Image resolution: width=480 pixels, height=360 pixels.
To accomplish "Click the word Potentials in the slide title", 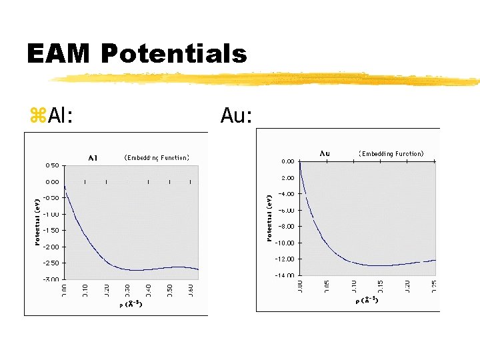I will click(174, 53).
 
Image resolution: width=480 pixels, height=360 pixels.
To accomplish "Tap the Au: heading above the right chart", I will click(236, 117).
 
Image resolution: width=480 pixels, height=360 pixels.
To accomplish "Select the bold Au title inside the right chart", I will click(325, 153).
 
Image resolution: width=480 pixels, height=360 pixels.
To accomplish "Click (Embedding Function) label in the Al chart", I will click(157, 158).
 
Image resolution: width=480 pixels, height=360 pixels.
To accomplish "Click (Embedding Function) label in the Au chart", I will click(391, 154).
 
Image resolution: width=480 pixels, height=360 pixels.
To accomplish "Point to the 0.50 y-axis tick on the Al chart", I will click(51, 165).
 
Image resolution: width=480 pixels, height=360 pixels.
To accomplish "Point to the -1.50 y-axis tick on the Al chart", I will click(50, 230).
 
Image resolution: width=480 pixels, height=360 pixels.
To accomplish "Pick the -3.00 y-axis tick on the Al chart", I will click(50, 279).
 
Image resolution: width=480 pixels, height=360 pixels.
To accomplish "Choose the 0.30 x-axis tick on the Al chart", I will click(127, 291).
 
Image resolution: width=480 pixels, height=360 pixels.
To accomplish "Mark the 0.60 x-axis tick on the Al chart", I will click(191, 291).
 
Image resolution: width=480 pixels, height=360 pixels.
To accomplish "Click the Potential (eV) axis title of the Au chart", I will click(269, 218).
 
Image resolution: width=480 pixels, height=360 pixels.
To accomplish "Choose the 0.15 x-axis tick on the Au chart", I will click(380, 287).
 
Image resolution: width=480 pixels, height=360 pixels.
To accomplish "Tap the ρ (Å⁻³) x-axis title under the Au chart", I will click(367, 301).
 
